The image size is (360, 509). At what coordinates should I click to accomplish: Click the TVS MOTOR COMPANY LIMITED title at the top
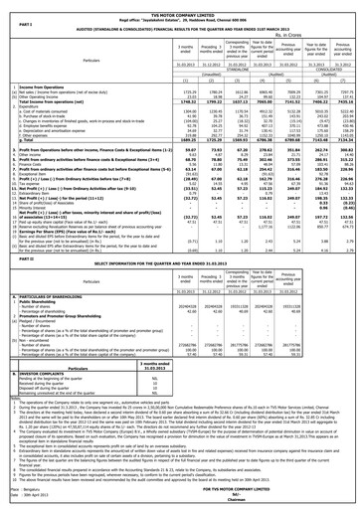pos(179,5)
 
